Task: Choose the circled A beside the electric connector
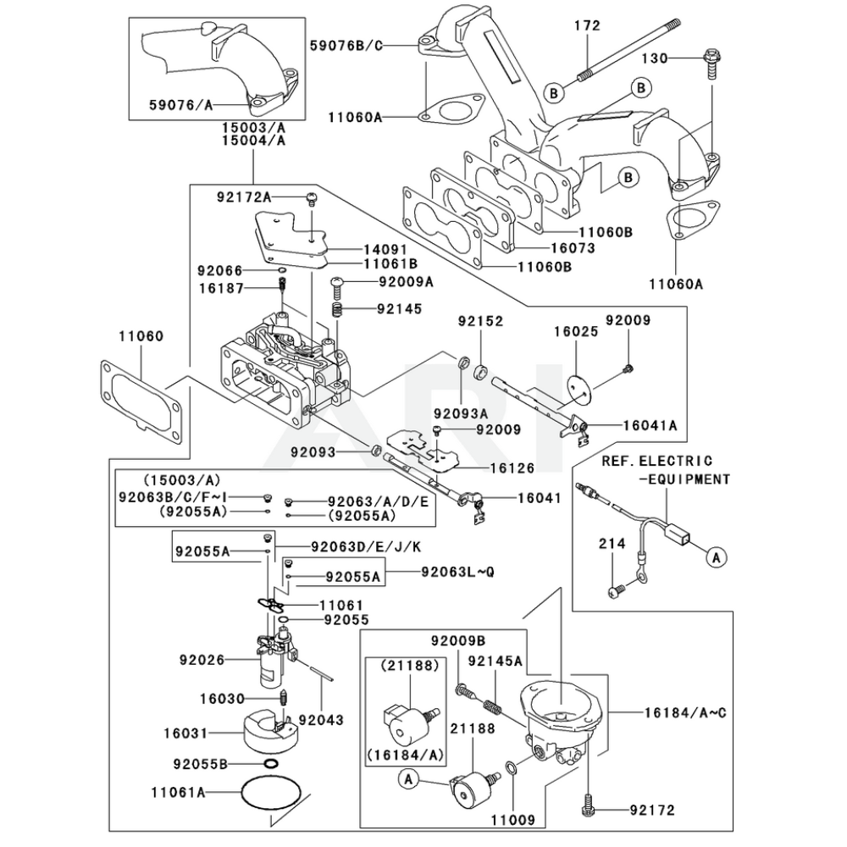coord(717,556)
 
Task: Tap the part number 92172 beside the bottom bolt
coord(652,811)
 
